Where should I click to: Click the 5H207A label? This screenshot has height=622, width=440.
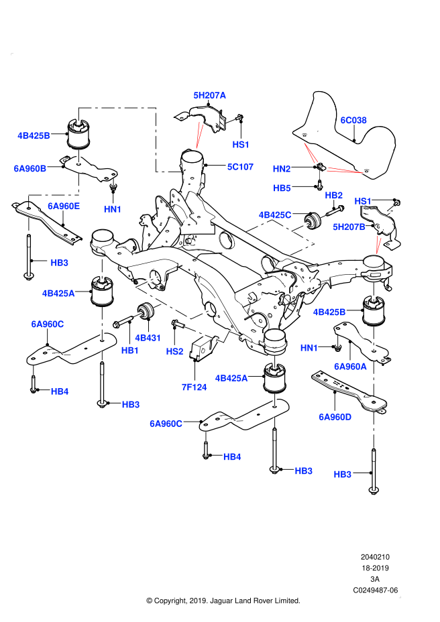[x=210, y=95]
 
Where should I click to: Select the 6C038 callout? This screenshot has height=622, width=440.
[x=353, y=121]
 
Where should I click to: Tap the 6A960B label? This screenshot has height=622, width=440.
[x=30, y=169]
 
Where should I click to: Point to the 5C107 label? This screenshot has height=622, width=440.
[x=240, y=167]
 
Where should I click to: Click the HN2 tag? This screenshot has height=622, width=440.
[x=282, y=169]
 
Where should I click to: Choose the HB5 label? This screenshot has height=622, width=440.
[x=282, y=188]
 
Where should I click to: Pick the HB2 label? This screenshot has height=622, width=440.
[x=333, y=196]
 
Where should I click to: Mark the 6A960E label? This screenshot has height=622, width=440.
[x=64, y=206]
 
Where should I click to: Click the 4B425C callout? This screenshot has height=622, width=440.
[x=275, y=215]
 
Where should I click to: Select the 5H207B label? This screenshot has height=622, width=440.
[x=349, y=227]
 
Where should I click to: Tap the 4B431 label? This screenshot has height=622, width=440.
[x=148, y=338]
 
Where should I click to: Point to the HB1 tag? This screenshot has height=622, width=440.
[x=130, y=351]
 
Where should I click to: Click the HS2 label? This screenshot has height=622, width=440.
[x=174, y=352]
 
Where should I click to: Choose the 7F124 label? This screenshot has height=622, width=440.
[x=194, y=387]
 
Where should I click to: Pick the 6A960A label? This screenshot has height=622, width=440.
[x=350, y=367]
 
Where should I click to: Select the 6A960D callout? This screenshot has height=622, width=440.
[x=335, y=417]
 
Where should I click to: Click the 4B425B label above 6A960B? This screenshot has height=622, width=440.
[x=34, y=136]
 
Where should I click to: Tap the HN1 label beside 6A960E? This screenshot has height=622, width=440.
[x=113, y=210]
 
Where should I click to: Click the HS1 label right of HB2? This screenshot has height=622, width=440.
[x=363, y=201]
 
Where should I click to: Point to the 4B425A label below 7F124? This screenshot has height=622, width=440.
[x=231, y=379]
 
